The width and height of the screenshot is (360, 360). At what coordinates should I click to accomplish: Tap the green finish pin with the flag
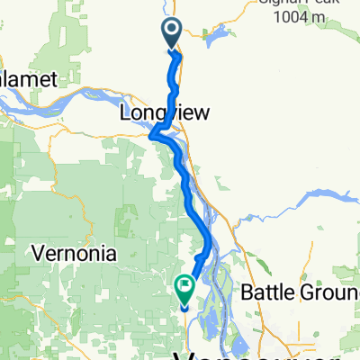185,289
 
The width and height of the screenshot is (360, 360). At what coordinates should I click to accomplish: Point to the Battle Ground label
301,292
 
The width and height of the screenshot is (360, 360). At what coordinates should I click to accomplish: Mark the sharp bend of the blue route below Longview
153,137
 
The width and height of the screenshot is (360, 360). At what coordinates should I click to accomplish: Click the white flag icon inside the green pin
185,287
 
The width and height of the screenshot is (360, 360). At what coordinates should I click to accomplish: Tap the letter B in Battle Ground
248,292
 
